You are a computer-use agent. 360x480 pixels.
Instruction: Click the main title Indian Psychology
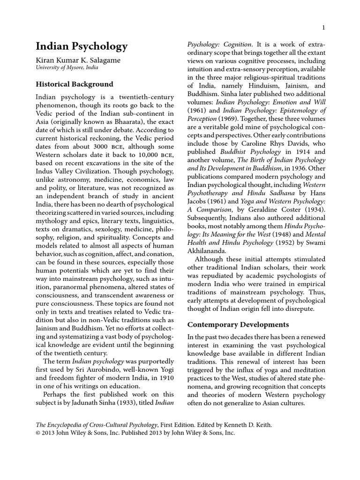coord(82,46)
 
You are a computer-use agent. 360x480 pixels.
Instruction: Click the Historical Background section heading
coord(75,84)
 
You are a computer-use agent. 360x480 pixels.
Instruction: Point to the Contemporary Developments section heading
coord(238,324)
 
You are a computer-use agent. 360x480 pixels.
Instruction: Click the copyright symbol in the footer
coord(39,433)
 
